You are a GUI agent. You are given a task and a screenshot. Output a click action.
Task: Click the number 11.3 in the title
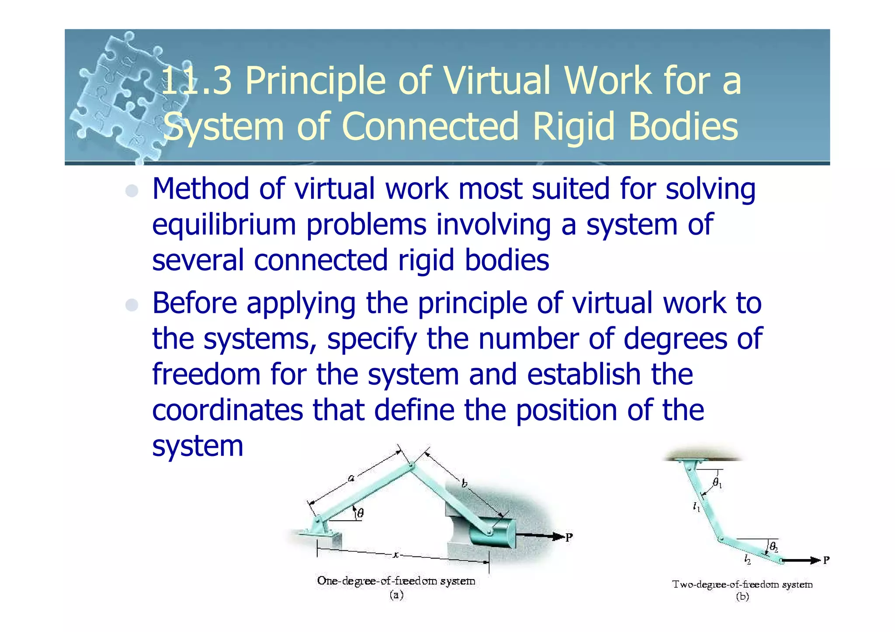click(196, 81)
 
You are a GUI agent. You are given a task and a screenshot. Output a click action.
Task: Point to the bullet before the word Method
click(132, 191)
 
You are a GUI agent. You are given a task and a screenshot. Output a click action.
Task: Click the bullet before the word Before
click(132, 305)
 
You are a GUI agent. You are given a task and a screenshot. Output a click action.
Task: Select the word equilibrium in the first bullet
click(224, 225)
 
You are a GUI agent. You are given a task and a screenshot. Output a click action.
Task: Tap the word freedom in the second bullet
click(206, 375)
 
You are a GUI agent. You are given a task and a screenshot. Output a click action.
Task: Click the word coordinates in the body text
click(227, 411)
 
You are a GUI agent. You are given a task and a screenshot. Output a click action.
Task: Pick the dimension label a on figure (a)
click(350, 478)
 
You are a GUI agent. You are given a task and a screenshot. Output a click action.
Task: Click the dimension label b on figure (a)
click(464, 483)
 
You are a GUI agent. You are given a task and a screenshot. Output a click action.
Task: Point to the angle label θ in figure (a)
click(360, 513)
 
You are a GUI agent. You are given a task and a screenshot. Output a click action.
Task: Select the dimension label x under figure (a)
click(395, 555)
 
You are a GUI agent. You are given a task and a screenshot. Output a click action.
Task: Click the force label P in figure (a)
click(569, 537)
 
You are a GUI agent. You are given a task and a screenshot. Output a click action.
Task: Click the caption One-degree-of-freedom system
click(396, 581)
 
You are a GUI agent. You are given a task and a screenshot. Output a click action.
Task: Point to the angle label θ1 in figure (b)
click(717, 483)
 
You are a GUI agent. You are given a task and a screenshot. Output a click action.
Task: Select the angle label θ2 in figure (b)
click(774, 546)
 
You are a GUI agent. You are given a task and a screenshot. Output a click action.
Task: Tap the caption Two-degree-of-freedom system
click(742, 584)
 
